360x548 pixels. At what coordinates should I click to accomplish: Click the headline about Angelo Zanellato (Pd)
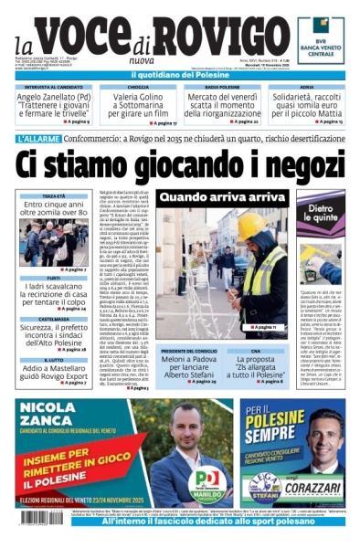pyautogui.click(x=55, y=103)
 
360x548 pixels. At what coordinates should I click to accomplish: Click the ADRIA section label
pyautogui.click(x=306, y=87)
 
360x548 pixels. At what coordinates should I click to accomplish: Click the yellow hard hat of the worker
pyautogui.click(x=253, y=227)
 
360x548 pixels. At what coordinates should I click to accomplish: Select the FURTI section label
pyautogui.click(x=55, y=279)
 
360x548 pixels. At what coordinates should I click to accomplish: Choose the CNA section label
pyautogui.click(x=256, y=351)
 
